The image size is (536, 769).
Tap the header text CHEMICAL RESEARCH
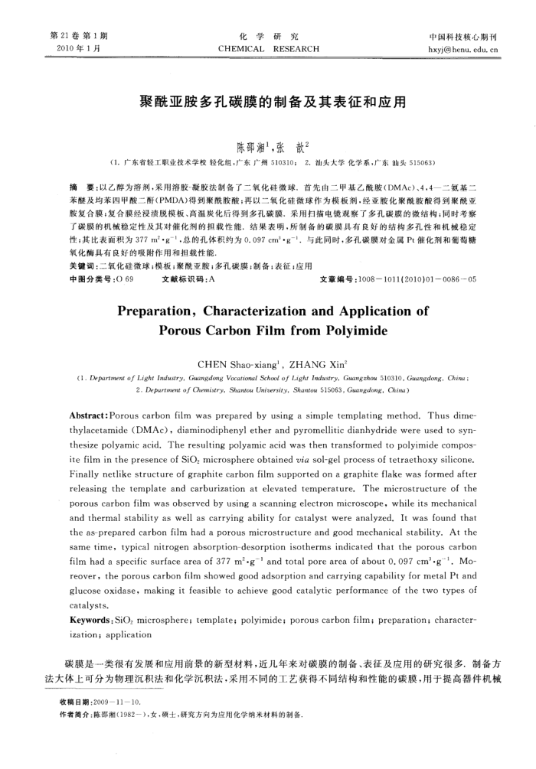point(268,49)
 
